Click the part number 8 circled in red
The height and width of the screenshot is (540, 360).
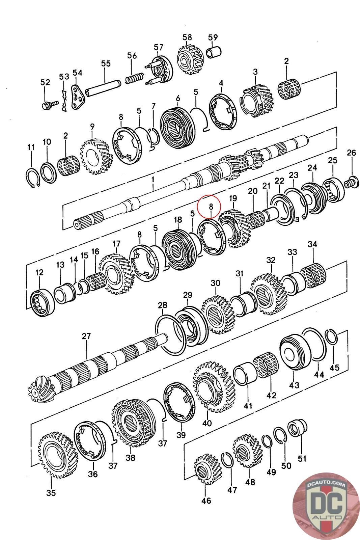(x=211, y=207)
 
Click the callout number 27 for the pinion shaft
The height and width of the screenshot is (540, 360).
(x=86, y=336)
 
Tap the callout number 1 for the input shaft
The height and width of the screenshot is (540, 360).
(x=153, y=180)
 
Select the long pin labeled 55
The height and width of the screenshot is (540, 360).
(x=104, y=88)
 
